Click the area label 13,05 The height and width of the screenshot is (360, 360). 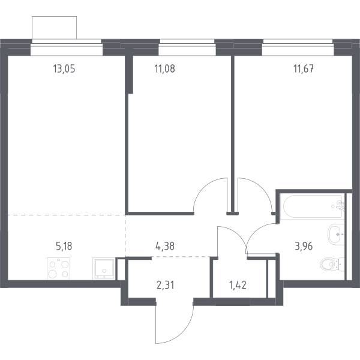[x=64, y=68]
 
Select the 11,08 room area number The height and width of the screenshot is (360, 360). [x=164, y=68]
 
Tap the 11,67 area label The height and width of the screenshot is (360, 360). [x=304, y=68]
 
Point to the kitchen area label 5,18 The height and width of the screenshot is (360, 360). [x=64, y=246]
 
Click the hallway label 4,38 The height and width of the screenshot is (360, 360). [x=165, y=246]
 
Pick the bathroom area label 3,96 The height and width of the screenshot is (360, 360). [x=304, y=246]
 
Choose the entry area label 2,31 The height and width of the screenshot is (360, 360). [x=166, y=286]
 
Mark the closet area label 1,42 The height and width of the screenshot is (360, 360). [x=238, y=285]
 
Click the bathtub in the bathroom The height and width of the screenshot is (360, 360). [x=313, y=206]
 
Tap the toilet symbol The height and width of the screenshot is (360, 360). [x=332, y=265]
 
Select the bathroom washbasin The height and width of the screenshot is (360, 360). [x=336, y=235]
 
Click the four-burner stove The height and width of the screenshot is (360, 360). [x=59, y=269]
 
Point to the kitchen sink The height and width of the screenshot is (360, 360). [x=104, y=269]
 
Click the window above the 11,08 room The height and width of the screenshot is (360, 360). [x=187, y=47]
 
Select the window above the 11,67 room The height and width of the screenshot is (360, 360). [x=298, y=47]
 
